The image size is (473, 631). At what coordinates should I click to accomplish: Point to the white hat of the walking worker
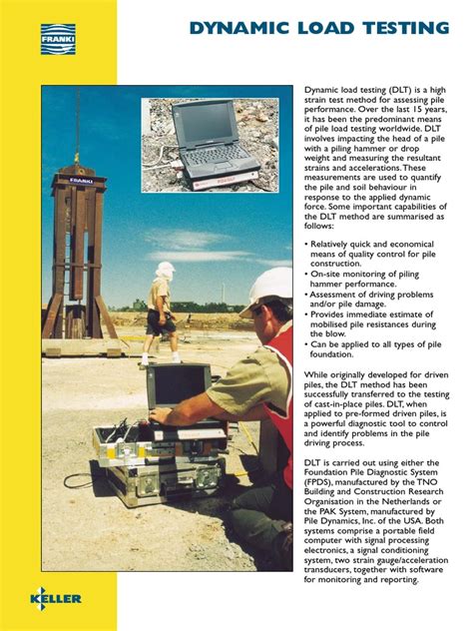click(165, 269)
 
